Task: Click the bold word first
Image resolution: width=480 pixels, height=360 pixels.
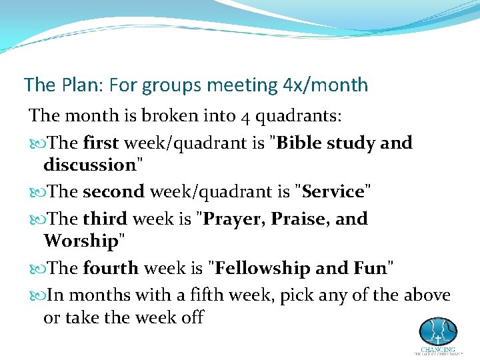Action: [100, 143]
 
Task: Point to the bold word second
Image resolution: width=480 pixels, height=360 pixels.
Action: [113, 192]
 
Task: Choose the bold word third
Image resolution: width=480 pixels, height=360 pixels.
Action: [105, 219]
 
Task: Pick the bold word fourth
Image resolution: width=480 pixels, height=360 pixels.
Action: [110, 268]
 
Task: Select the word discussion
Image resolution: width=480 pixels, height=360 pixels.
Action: [89, 164]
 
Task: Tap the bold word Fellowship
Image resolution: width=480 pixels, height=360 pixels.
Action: [262, 268]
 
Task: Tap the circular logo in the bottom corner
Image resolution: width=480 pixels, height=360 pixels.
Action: [437, 331]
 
